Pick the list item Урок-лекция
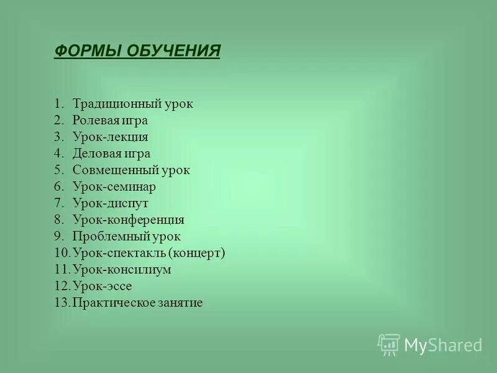coord(110,137)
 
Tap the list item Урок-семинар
coord(114,186)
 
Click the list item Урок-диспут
coord(110,203)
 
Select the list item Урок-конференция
coord(128,220)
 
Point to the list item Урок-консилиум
coord(122,270)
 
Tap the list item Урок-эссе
coord(103,286)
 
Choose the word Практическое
coord(111,303)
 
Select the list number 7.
coord(58,203)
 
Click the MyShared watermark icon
coord(389,344)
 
